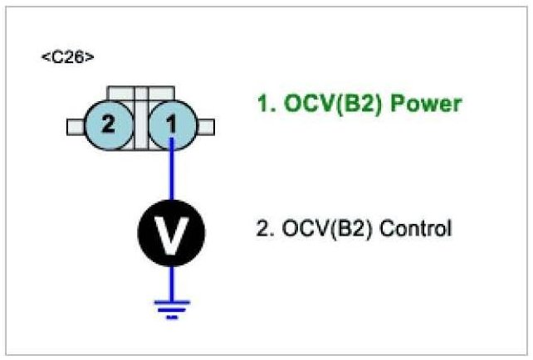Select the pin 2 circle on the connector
click(x=108, y=126)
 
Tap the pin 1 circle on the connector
click(x=171, y=126)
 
